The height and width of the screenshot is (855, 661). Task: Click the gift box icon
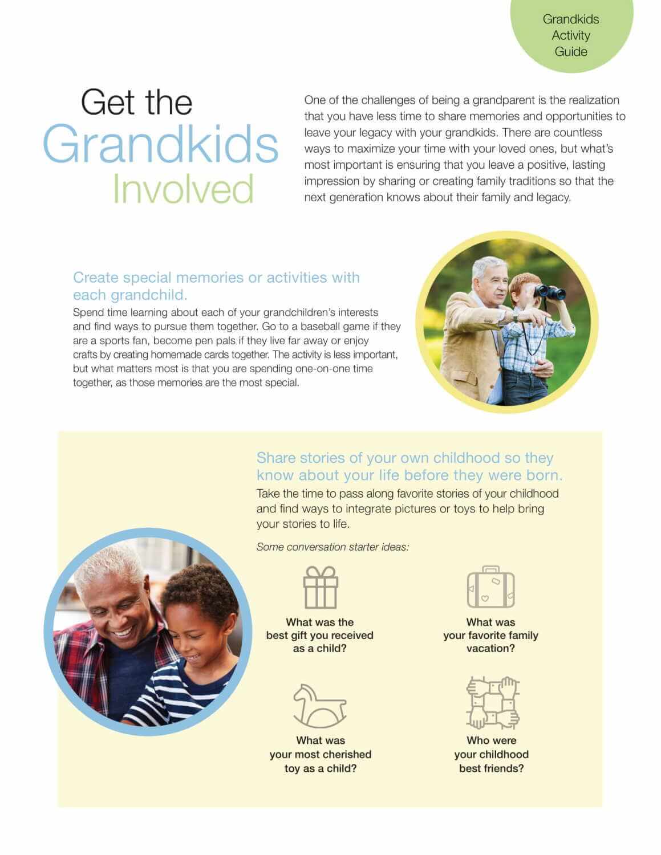(x=320, y=587)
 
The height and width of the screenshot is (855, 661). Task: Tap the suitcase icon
(x=490, y=587)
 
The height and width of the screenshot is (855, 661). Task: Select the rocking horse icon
(x=319, y=706)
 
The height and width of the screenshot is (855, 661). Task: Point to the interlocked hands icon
(x=493, y=703)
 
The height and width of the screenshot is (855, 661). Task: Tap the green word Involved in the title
(x=183, y=189)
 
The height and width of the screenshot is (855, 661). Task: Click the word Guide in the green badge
(x=571, y=51)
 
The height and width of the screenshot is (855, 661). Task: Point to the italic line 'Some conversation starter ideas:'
(x=332, y=547)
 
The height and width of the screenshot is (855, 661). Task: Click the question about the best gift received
(x=319, y=635)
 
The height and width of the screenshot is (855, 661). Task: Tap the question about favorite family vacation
(x=490, y=635)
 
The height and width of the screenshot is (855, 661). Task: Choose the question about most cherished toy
(x=321, y=754)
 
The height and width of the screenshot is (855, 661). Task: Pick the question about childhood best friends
(x=491, y=754)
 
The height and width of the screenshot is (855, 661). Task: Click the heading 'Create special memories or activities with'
(x=216, y=278)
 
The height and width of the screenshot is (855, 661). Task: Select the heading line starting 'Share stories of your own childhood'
(x=405, y=458)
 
